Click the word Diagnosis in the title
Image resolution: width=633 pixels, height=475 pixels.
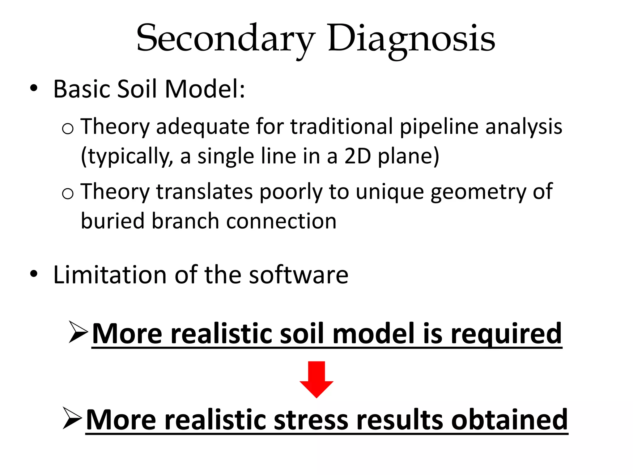tap(411, 39)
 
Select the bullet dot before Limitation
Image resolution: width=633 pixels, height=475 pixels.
tap(34, 274)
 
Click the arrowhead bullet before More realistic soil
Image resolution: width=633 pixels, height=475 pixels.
tap(78, 332)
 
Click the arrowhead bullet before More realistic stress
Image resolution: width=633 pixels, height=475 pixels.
tap(72, 418)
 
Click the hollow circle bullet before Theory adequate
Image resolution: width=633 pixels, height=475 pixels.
tap(68, 128)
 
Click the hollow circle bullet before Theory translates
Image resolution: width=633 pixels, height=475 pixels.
tap(68, 194)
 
